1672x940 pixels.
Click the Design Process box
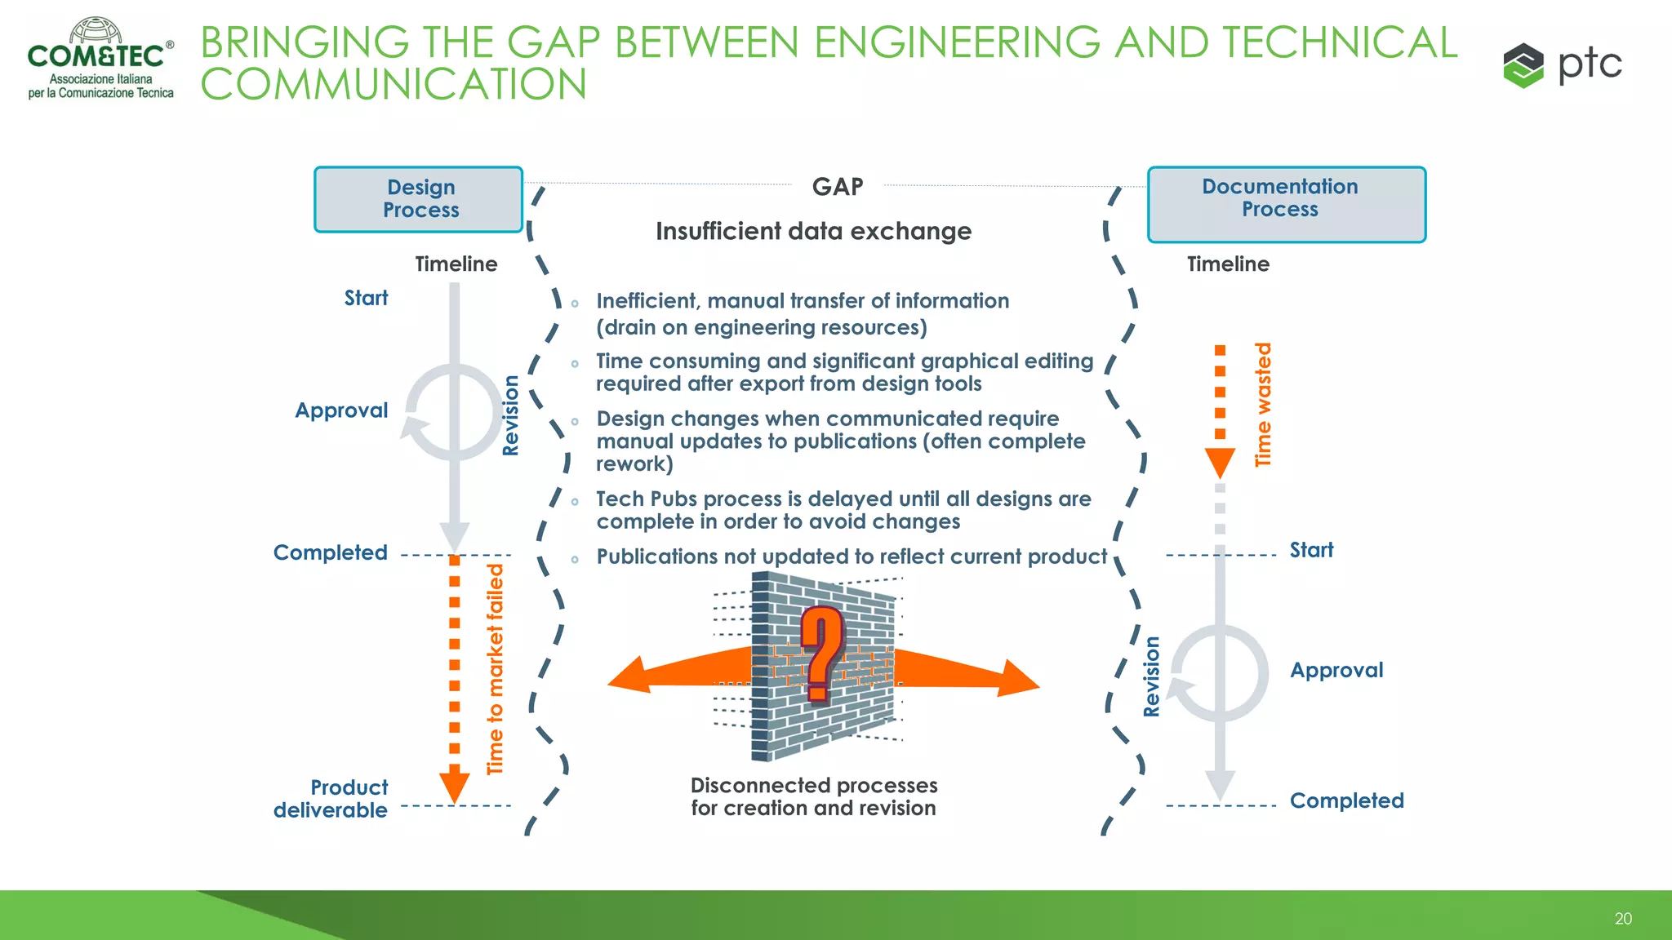419,199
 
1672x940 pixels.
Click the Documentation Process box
1286,204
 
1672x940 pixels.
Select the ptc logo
1562,64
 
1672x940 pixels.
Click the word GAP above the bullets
838,187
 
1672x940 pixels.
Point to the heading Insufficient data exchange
813,232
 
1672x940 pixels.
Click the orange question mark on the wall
821,653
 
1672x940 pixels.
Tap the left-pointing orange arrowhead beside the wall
633,676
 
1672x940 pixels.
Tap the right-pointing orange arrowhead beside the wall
1016,679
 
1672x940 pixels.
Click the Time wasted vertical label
1263,405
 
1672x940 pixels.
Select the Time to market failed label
496,669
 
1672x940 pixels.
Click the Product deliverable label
331,799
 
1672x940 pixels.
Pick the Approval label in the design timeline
341,410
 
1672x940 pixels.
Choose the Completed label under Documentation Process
1346,800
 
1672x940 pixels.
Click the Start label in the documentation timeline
1311,551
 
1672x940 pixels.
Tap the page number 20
1622,919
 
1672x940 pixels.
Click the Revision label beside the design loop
511,415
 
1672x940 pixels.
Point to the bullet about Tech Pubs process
843,510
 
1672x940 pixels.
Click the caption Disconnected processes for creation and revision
813,796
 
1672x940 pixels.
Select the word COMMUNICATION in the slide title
394,85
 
